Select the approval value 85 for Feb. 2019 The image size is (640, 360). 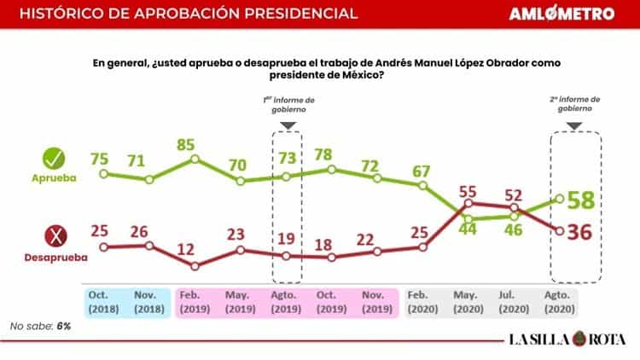pyautogui.click(x=195, y=142)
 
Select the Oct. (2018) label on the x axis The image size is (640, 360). pyautogui.click(x=103, y=302)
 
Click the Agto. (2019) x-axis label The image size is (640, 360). pyautogui.click(x=287, y=302)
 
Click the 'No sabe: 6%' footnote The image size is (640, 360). pyautogui.click(x=40, y=326)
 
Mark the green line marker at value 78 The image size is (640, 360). pyautogui.click(x=332, y=170)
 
